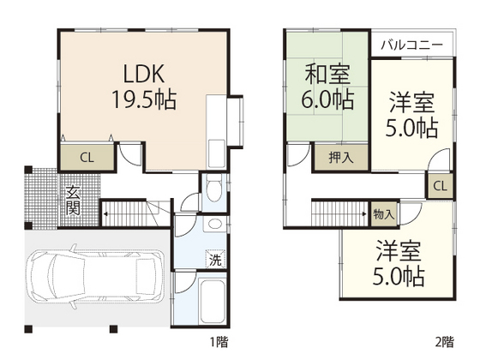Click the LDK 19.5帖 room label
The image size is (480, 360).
[x=143, y=86]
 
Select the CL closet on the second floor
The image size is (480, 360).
[x=438, y=186]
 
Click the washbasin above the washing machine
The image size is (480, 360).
[x=214, y=225]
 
